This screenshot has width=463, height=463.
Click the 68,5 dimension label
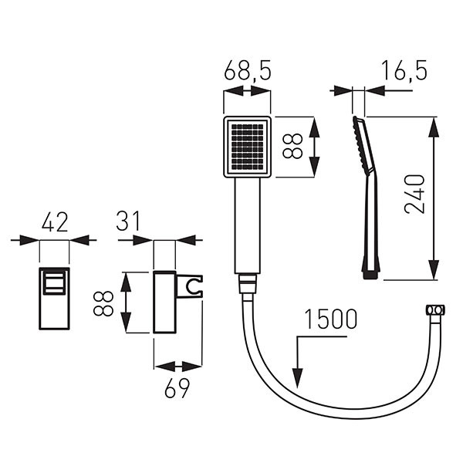tap(248, 71)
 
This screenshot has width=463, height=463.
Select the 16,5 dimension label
tap(404, 70)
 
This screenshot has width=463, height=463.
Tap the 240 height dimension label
tap(414, 194)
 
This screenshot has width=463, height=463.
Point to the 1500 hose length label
tap(331, 319)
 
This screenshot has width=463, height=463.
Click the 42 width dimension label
tap(55, 222)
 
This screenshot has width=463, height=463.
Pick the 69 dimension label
tap(177, 388)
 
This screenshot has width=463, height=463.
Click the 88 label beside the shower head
tap(292, 146)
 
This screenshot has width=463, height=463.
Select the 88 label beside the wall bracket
tap(103, 303)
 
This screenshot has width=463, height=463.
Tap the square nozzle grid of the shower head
tap(247, 147)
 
